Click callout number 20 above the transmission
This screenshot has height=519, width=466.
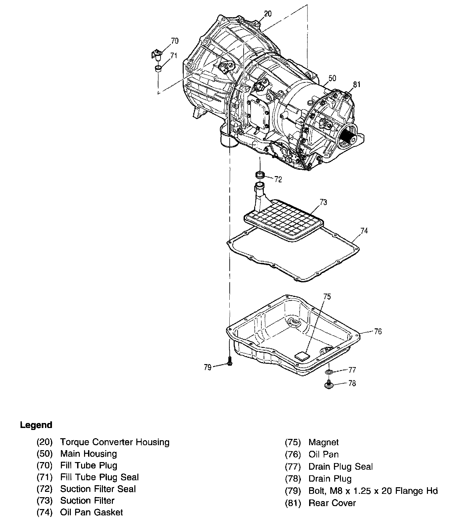268,14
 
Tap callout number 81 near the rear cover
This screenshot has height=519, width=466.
356,85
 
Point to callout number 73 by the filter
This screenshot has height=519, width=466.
323,202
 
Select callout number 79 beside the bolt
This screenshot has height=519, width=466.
208,367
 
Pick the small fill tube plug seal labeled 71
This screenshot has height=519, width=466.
159,69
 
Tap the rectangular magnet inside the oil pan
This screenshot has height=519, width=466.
302,356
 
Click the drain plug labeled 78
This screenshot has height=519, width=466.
328,384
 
